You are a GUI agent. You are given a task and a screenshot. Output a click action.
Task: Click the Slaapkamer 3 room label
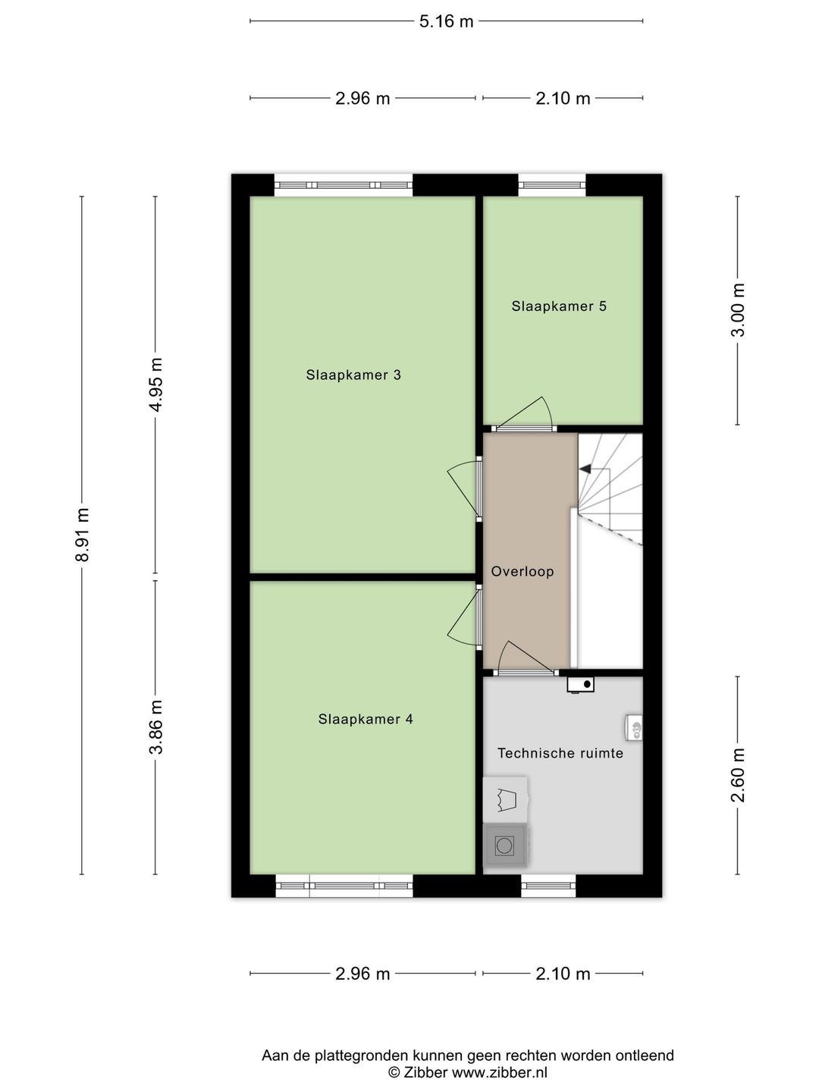(353, 375)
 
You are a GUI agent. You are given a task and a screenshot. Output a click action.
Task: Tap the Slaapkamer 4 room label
(366, 720)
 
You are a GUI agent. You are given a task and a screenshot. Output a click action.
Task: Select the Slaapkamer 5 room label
(559, 306)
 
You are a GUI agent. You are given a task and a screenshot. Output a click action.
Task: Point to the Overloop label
(522, 572)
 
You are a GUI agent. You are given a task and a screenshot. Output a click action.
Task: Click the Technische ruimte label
(560, 753)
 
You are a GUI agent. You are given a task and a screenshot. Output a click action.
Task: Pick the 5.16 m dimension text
(446, 21)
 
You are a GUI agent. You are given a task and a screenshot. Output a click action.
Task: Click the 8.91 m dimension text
(82, 535)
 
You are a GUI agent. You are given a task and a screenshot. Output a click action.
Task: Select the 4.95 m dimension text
(155, 384)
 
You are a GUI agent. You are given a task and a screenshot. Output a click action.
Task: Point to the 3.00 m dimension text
(738, 310)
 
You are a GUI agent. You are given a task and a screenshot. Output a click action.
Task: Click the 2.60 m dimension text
(738, 775)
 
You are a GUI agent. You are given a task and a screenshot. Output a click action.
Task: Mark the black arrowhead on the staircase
(585, 469)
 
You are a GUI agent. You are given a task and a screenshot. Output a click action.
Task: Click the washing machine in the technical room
(504, 845)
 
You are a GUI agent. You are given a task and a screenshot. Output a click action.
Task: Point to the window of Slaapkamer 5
(552, 185)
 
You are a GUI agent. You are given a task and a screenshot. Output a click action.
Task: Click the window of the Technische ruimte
(548, 886)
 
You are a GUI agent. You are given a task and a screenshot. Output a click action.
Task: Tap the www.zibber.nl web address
(499, 1072)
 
